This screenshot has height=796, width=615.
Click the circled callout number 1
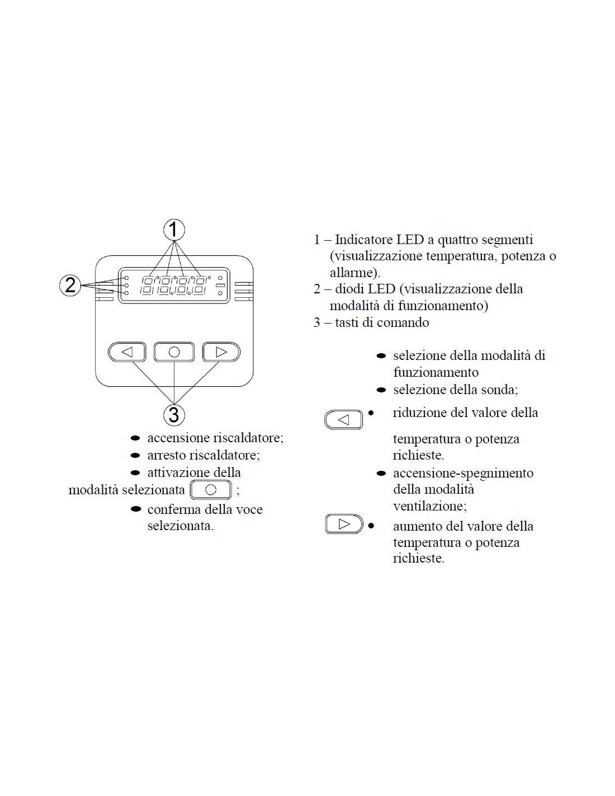point(174,230)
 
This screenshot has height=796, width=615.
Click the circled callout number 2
point(70,285)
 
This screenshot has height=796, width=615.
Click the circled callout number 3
point(174,415)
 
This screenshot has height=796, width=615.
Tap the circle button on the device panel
point(174,352)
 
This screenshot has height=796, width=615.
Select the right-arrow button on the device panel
point(221,352)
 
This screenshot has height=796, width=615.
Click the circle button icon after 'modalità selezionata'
point(211,490)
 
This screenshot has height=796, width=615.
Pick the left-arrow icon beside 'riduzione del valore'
point(343,419)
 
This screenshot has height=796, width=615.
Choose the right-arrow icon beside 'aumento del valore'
point(344,524)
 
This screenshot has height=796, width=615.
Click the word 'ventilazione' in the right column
point(429,505)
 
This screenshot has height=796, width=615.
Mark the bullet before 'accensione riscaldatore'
point(135,438)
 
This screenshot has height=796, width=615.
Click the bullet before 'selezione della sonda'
point(381,390)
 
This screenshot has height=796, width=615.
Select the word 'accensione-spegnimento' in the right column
point(463,473)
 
